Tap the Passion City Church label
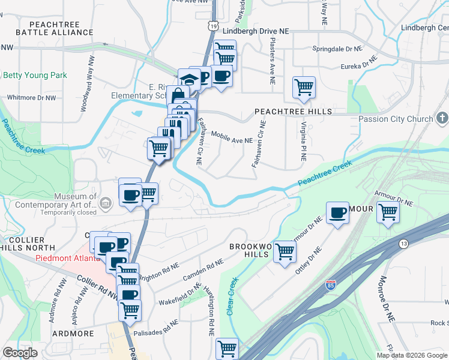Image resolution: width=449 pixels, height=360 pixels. click(396, 119)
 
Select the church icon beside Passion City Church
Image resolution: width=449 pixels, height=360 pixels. click(442, 118)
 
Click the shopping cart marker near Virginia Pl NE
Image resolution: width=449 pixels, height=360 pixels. click(304, 87)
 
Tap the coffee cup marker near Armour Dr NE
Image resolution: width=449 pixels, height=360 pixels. click(338, 212)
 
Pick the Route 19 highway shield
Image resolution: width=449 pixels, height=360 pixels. click(213, 26)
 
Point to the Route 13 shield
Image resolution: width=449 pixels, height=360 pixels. click(403, 243)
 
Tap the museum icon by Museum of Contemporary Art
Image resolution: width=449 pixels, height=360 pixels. click(106, 203)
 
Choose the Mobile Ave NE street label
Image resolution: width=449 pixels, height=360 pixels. click(232, 139)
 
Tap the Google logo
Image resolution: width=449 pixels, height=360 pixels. click(20, 353)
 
